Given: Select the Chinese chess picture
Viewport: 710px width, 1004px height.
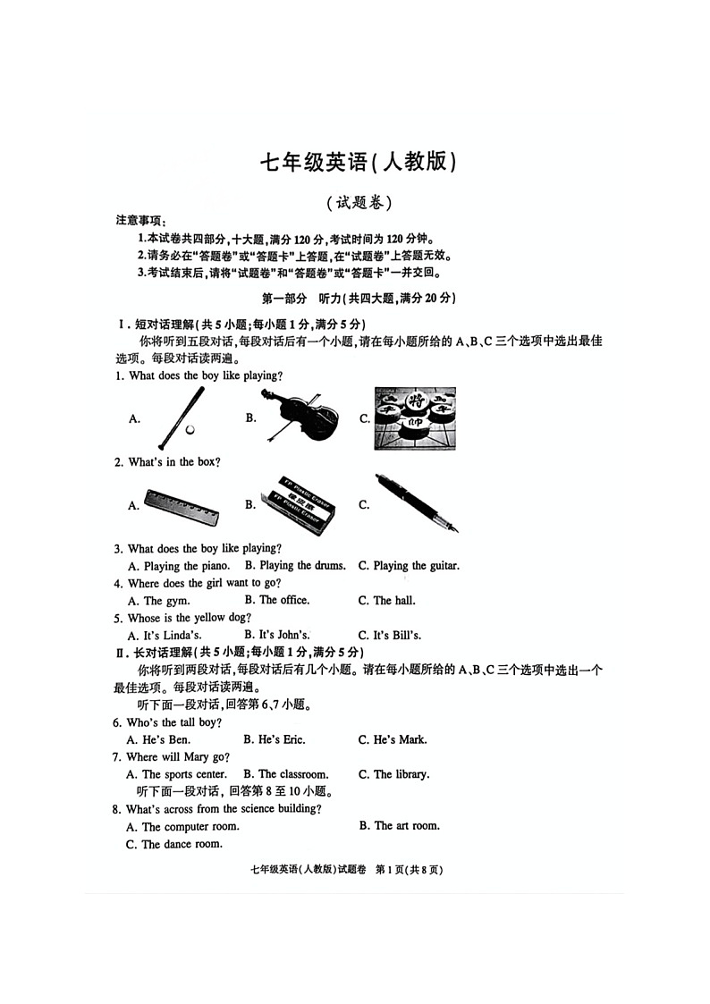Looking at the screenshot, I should tap(414, 418).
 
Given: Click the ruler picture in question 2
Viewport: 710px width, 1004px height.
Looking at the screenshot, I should tap(183, 506).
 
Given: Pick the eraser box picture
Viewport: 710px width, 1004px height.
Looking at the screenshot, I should tap(298, 505).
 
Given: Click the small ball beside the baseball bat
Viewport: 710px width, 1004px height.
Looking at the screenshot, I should tap(190, 429).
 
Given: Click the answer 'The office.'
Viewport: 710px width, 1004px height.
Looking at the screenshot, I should tap(283, 601).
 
